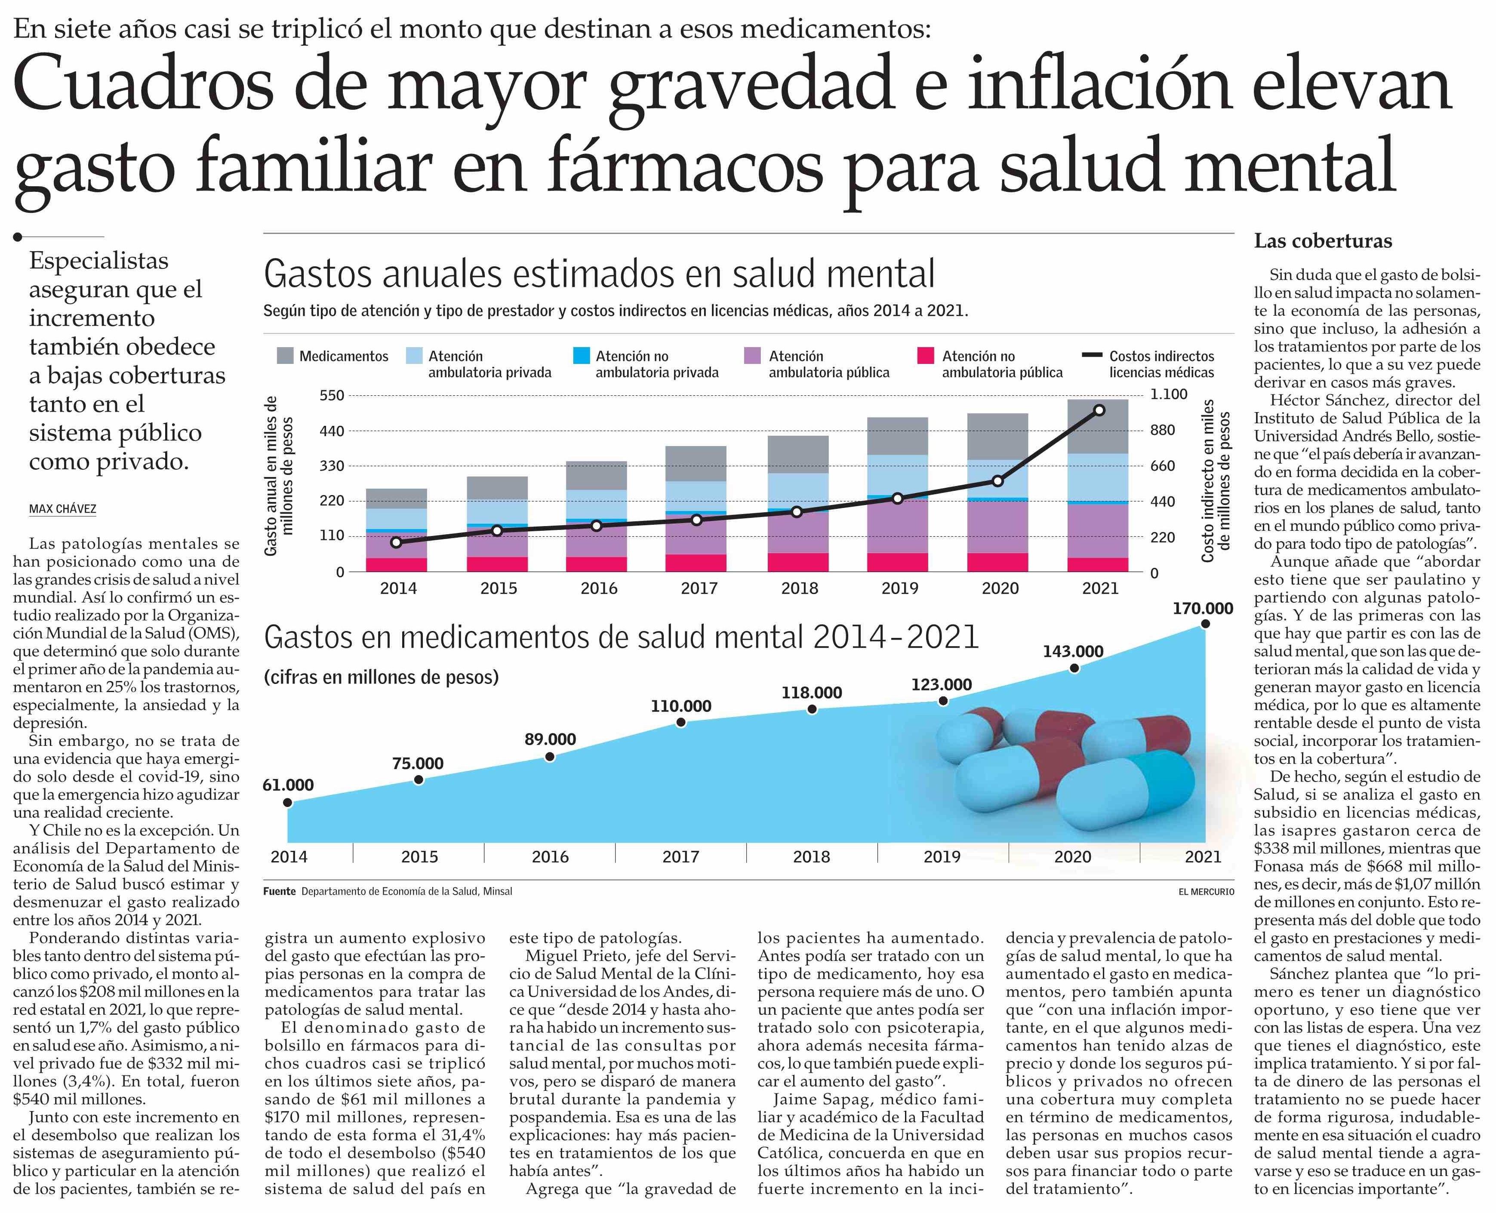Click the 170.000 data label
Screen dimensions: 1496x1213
pyautogui.click(x=1203, y=609)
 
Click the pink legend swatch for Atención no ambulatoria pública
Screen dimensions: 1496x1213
pyautogui.click(x=925, y=356)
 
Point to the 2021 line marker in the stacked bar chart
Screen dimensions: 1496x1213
pyautogui.click(x=1099, y=410)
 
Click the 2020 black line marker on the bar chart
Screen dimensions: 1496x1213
pyautogui.click(x=998, y=481)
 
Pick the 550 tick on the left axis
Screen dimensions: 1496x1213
pyautogui.click(x=332, y=395)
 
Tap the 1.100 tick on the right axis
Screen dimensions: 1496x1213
pyautogui.click(x=1169, y=394)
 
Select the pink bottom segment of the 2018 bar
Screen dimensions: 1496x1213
pyautogui.click(x=798, y=563)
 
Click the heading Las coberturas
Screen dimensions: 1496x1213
pyautogui.click(x=1323, y=241)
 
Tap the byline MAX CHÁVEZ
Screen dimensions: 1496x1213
pyautogui.click(x=63, y=509)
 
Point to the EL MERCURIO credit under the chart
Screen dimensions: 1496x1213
pyautogui.click(x=1206, y=892)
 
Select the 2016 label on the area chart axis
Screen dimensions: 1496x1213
pyautogui.click(x=550, y=857)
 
